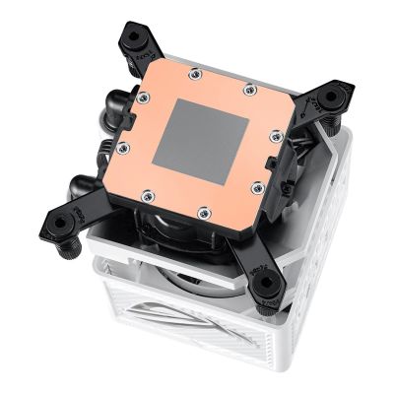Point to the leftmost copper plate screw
123,148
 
